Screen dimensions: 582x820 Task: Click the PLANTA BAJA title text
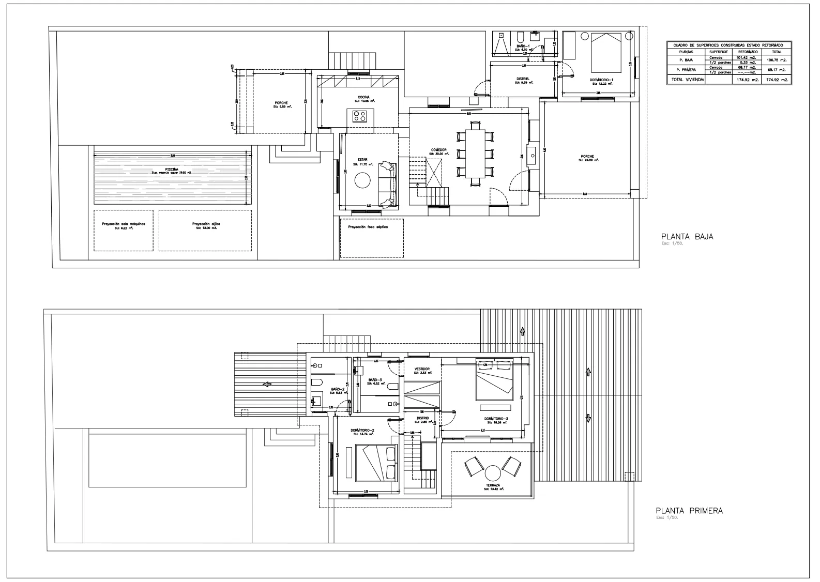(684, 237)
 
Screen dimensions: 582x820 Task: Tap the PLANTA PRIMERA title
(689, 511)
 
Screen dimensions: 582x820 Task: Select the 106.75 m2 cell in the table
(777, 60)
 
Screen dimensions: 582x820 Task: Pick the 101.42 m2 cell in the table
(748, 57)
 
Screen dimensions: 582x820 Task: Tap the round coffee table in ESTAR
(362, 180)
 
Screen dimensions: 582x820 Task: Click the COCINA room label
(363, 97)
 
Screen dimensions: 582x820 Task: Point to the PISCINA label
(172, 169)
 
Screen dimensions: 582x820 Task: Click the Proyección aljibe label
(206, 224)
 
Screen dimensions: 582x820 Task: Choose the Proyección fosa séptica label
(368, 227)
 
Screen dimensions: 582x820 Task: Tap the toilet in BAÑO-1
(520, 37)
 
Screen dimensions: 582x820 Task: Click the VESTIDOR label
(422, 369)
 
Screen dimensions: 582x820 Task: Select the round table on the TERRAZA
(492, 473)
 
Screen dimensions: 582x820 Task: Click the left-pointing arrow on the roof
(267, 384)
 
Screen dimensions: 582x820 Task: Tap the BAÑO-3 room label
(375, 379)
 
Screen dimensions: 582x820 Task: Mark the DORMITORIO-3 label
(496, 419)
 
